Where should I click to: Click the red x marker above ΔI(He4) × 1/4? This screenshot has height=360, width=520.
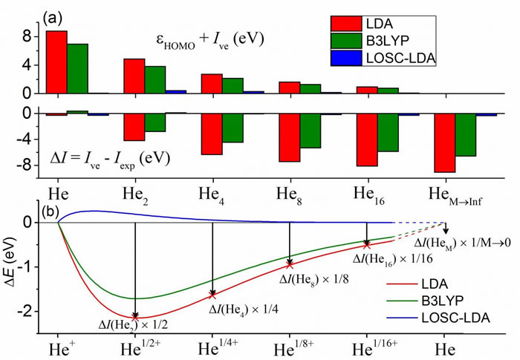coord(213,295)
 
